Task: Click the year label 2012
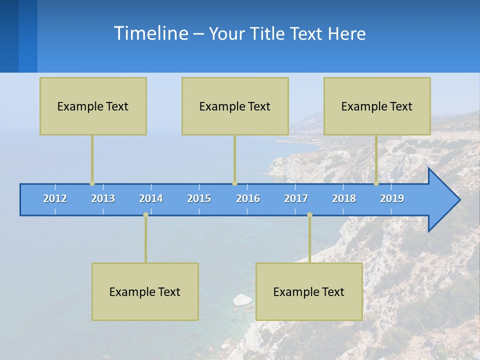click(x=55, y=198)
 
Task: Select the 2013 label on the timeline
click(x=103, y=198)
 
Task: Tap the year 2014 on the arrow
click(x=151, y=198)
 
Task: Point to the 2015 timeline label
click(x=199, y=198)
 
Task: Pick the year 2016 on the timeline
click(x=248, y=198)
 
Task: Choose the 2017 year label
click(x=296, y=198)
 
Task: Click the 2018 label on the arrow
click(x=344, y=198)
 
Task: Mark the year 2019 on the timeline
click(x=392, y=198)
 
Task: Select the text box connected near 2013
click(x=93, y=106)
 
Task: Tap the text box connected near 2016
click(x=235, y=106)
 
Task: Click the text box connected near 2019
click(x=377, y=106)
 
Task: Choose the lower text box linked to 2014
click(x=145, y=291)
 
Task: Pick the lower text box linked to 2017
click(x=309, y=291)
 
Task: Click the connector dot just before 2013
click(x=92, y=183)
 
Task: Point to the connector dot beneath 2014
click(x=145, y=215)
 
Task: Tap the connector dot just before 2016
click(x=234, y=183)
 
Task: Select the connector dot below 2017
click(x=309, y=215)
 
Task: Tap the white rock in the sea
click(x=242, y=300)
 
